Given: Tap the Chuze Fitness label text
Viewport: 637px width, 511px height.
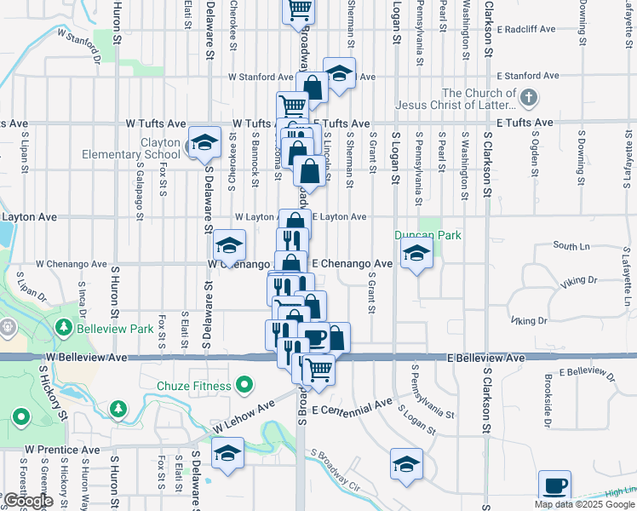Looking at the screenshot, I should pos(193,386).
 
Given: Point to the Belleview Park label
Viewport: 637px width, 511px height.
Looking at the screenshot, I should pos(116,328).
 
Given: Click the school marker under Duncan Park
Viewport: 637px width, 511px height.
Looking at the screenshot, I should pos(416,253).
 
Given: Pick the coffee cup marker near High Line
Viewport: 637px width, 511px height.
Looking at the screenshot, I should pos(555,486).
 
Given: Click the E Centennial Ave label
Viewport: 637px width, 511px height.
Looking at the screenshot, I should pos(351,407).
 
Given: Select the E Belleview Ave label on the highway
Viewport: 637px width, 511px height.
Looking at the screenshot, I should pos(486,359).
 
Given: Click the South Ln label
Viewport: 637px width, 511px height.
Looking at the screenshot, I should pos(571,245).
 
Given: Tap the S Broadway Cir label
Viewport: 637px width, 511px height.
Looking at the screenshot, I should pos(336,478).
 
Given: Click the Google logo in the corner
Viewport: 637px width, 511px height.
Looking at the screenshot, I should pos(27,502).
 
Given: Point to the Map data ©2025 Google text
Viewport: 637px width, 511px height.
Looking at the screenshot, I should pos(584,504).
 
